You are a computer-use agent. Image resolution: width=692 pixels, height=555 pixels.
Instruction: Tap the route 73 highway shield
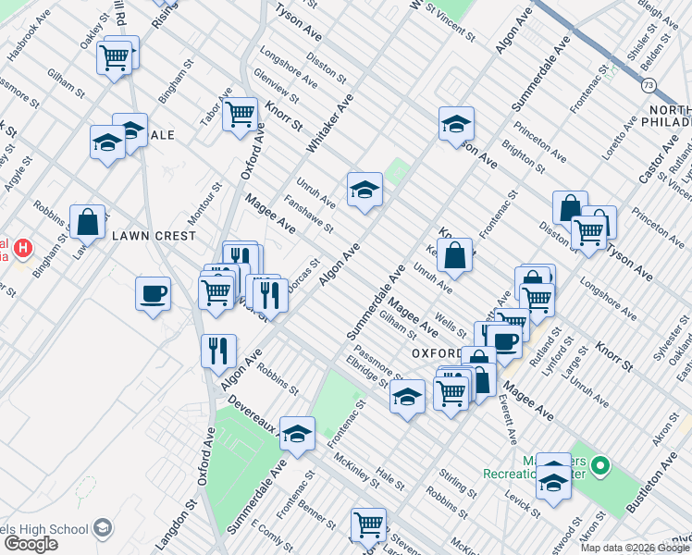click(649, 85)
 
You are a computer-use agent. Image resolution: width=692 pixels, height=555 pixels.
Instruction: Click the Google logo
click(31, 543)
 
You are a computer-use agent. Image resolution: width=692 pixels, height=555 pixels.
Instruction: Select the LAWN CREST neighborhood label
click(154, 236)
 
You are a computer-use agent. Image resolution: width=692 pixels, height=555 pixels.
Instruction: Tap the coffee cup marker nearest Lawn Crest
click(153, 293)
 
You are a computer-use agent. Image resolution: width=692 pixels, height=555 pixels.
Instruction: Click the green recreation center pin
click(599, 465)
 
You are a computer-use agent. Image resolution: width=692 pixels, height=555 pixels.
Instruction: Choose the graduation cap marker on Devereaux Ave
click(297, 432)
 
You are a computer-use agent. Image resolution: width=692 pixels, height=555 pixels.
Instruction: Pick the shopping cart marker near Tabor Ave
click(240, 114)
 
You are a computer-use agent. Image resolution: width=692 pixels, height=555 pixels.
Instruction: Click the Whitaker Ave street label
click(318, 129)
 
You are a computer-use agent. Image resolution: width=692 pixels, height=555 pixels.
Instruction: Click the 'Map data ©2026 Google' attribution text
click(635, 548)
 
